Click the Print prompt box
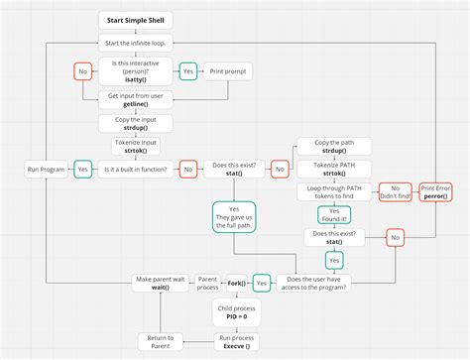[x=228, y=71]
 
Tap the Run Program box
[x=45, y=170]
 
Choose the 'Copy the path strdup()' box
[x=333, y=145]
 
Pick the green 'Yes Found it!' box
[x=334, y=213]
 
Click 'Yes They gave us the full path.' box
[x=234, y=216]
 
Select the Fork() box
[x=236, y=282]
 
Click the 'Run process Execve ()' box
[x=236, y=341]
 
